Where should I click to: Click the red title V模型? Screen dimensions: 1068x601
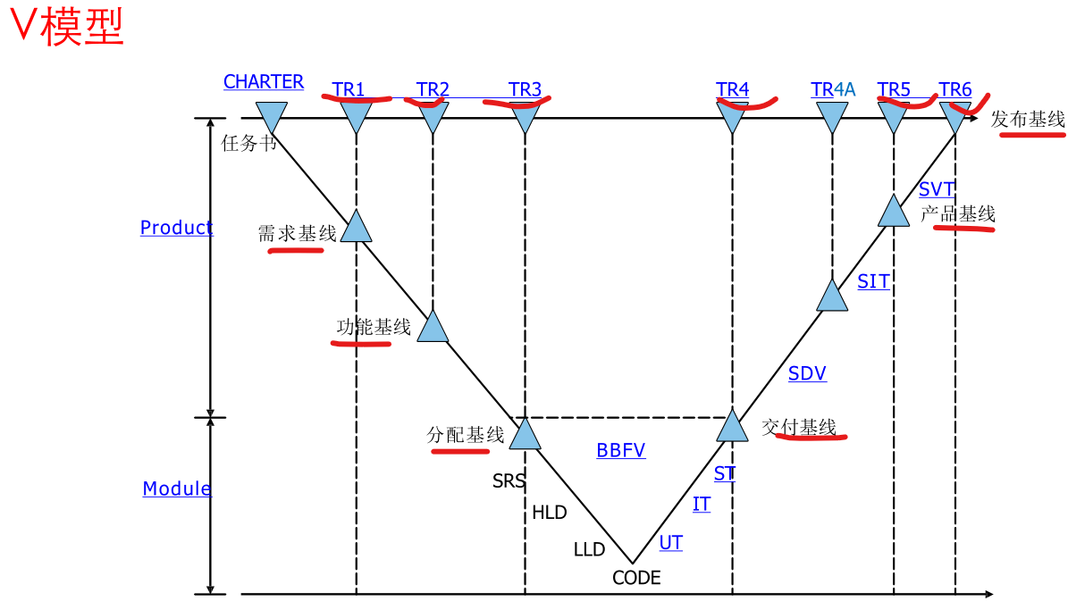65,29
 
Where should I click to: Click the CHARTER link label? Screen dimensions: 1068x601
264,82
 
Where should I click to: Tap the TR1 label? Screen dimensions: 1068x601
349,89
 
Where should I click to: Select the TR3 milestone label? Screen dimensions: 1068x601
526,89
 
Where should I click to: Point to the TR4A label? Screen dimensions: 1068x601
833,89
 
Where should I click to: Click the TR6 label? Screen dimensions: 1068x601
954,89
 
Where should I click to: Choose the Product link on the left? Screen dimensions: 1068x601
177,228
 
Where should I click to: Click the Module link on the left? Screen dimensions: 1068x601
177,488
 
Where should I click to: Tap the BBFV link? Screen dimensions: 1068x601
621,451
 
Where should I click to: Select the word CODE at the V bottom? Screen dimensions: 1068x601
636,578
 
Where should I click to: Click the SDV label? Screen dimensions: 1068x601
807,374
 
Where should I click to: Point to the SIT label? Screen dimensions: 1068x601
873,282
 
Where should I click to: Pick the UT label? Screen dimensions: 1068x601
670,542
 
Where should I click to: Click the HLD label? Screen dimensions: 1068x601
550,513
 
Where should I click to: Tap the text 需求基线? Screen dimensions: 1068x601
297,234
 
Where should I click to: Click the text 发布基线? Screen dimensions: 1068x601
1028,119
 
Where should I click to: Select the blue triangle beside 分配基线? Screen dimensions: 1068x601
525,435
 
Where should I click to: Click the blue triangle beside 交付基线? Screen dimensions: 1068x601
732,428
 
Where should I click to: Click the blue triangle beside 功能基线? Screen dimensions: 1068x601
433,328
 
